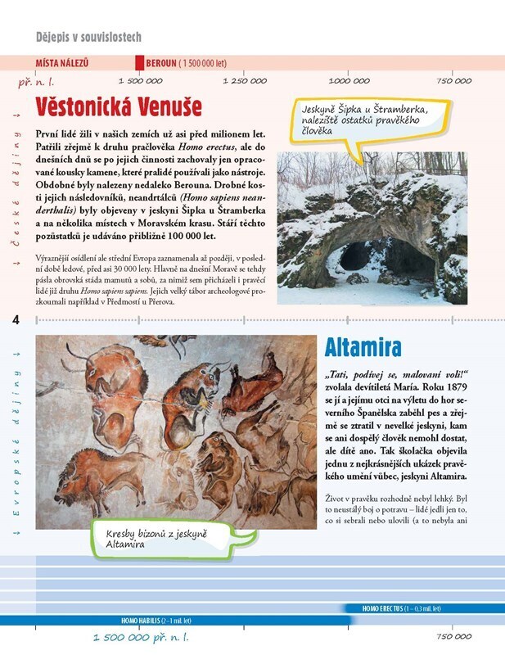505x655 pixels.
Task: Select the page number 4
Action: (16, 319)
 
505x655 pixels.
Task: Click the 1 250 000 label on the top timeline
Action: (244, 80)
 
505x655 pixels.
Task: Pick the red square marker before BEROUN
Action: (138, 63)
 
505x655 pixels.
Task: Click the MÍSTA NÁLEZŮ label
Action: (62, 63)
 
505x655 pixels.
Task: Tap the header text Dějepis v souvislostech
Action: (89, 37)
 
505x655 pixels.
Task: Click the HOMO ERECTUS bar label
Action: (401, 608)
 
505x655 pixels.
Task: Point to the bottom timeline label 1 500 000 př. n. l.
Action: (141, 637)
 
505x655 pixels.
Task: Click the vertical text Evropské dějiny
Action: (16, 442)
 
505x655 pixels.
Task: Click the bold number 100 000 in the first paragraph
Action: (186, 235)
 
